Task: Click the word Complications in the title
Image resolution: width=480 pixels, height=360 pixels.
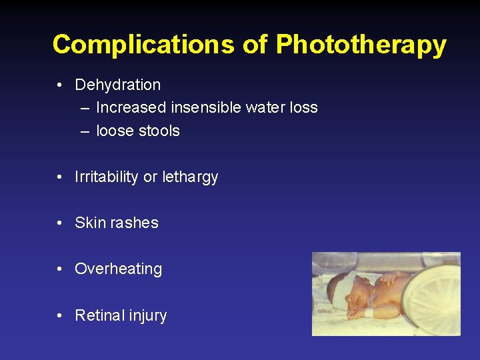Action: point(143,45)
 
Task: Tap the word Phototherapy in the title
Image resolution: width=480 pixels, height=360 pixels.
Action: point(361,45)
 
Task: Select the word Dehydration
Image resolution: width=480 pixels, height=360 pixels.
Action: point(117,85)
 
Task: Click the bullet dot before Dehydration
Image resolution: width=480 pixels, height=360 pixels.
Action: point(60,85)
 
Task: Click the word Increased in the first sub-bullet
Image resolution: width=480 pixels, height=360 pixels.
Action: point(131,107)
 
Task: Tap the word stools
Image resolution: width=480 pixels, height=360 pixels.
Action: point(158,131)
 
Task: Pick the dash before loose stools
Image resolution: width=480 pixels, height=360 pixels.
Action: point(85,131)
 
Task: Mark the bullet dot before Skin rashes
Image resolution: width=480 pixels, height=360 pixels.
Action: point(60,223)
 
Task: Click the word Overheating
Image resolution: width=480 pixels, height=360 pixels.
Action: point(118,269)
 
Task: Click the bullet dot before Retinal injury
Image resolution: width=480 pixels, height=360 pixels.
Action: point(60,315)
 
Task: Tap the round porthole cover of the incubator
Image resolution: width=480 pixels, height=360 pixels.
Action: point(432,300)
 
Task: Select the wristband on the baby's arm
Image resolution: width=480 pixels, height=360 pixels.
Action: point(370,311)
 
